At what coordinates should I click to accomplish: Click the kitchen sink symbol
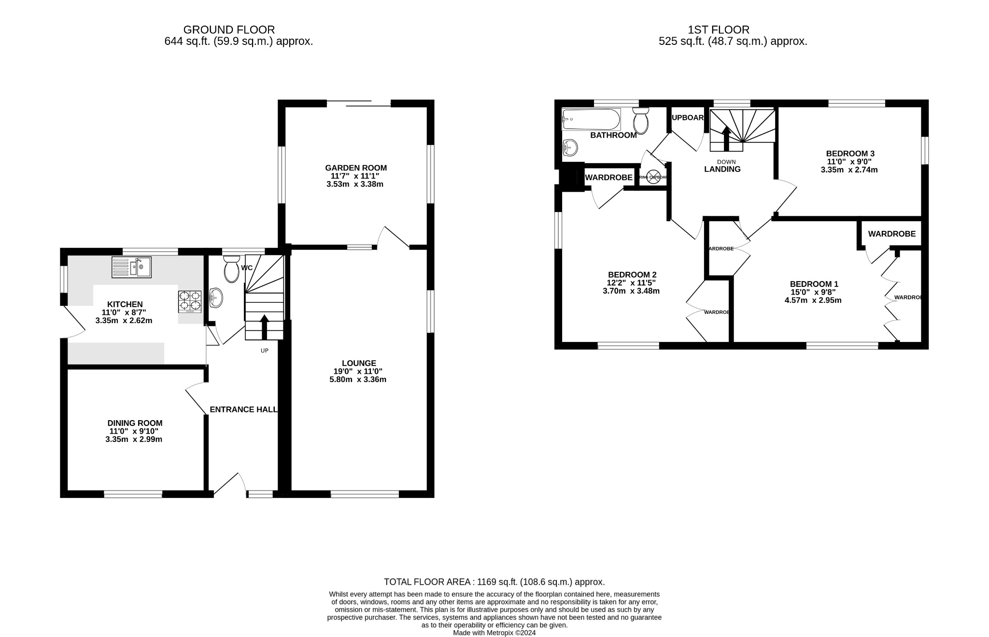(131, 267)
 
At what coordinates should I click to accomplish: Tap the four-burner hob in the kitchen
(190, 300)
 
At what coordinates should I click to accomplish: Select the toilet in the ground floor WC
(232, 269)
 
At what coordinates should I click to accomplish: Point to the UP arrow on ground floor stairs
(264, 327)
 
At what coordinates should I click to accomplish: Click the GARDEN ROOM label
(356, 168)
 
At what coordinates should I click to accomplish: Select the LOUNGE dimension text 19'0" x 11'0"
(358, 371)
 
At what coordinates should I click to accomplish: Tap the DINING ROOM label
(135, 423)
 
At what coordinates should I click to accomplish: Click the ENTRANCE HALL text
(243, 410)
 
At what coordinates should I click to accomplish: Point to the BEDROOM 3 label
(850, 154)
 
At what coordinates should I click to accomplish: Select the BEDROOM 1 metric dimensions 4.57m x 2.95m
(813, 300)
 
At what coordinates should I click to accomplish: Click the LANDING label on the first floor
(722, 169)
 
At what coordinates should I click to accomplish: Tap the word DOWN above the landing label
(726, 162)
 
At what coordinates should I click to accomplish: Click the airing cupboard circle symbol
(653, 177)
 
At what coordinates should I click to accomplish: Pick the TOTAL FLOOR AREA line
(494, 582)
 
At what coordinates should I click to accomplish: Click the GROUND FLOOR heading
(229, 30)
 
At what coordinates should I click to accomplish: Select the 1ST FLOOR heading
(719, 30)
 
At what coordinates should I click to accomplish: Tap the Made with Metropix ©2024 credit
(494, 633)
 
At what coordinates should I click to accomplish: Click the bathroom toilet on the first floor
(641, 121)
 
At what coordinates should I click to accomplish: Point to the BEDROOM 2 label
(632, 274)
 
